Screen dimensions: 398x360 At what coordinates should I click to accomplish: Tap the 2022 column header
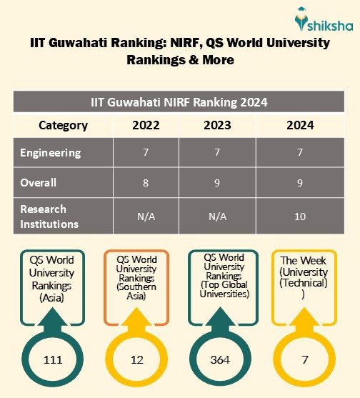tap(146, 125)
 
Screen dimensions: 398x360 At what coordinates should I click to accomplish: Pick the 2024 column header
tap(299, 125)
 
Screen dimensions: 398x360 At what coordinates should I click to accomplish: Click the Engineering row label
tap(51, 153)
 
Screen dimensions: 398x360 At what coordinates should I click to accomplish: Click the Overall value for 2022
tap(146, 182)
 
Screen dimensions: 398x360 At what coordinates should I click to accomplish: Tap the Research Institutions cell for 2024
tap(299, 216)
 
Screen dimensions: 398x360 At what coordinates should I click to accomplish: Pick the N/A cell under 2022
tap(146, 216)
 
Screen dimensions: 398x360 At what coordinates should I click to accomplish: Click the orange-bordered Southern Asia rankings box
tap(136, 278)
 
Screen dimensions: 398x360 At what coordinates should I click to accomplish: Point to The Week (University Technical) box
tap(304, 278)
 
